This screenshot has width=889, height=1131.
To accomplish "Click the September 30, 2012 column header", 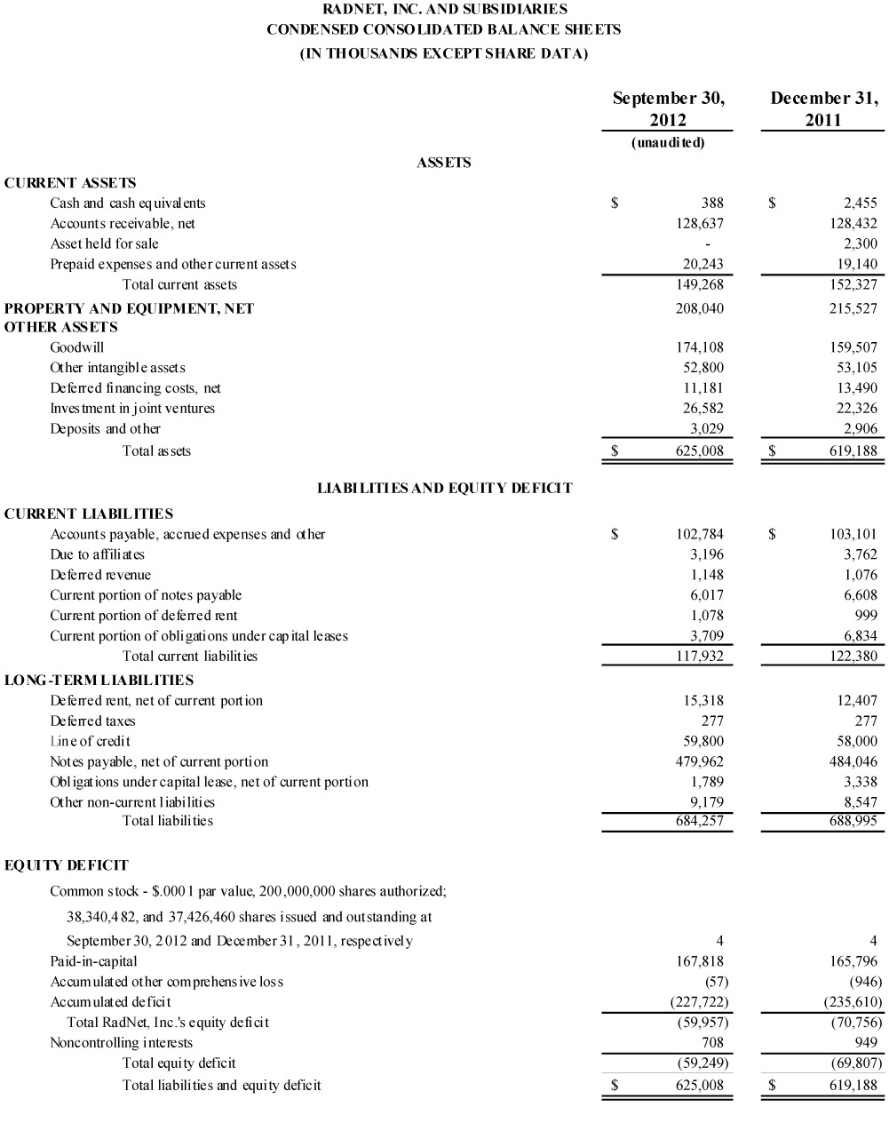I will [668, 108].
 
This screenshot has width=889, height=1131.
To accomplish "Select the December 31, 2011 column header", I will [823, 108].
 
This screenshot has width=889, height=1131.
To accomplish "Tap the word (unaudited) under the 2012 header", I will [668, 142].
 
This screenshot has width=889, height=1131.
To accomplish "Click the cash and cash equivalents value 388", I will [712, 203].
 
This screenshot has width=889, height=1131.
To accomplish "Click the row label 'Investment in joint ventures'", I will [132, 409].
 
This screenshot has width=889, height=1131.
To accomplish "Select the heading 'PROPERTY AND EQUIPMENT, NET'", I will [129, 308].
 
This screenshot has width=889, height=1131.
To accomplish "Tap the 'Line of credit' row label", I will [90, 741].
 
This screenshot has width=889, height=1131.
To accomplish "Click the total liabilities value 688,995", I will [853, 821].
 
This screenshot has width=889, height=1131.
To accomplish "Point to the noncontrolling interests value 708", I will [712, 1042].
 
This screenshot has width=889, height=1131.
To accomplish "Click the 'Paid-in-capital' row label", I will [93, 961].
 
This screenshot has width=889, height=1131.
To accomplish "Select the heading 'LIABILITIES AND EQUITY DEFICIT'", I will [444, 488].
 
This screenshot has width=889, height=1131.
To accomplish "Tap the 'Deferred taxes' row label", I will [92, 721].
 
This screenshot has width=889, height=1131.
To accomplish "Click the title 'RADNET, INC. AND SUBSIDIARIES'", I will [444, 10].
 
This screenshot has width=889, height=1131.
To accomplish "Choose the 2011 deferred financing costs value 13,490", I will [853, 388].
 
